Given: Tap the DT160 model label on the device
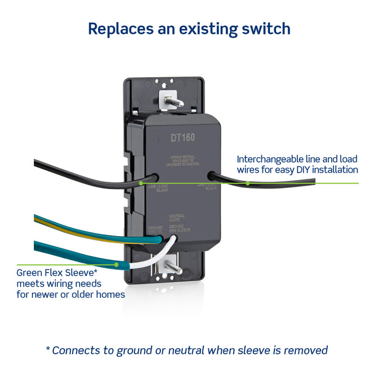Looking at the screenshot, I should [x=183, y=138].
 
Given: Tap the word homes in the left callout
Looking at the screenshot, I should [x=111, y=294].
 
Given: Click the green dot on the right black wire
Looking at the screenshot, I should [x=247, y=183].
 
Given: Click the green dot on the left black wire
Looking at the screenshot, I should [x=142, y=183].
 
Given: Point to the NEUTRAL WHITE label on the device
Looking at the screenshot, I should [x=176, y=218].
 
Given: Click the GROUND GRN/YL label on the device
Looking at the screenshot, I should [x=155, y=229].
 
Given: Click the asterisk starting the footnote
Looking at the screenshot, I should [x=48, y=349].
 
